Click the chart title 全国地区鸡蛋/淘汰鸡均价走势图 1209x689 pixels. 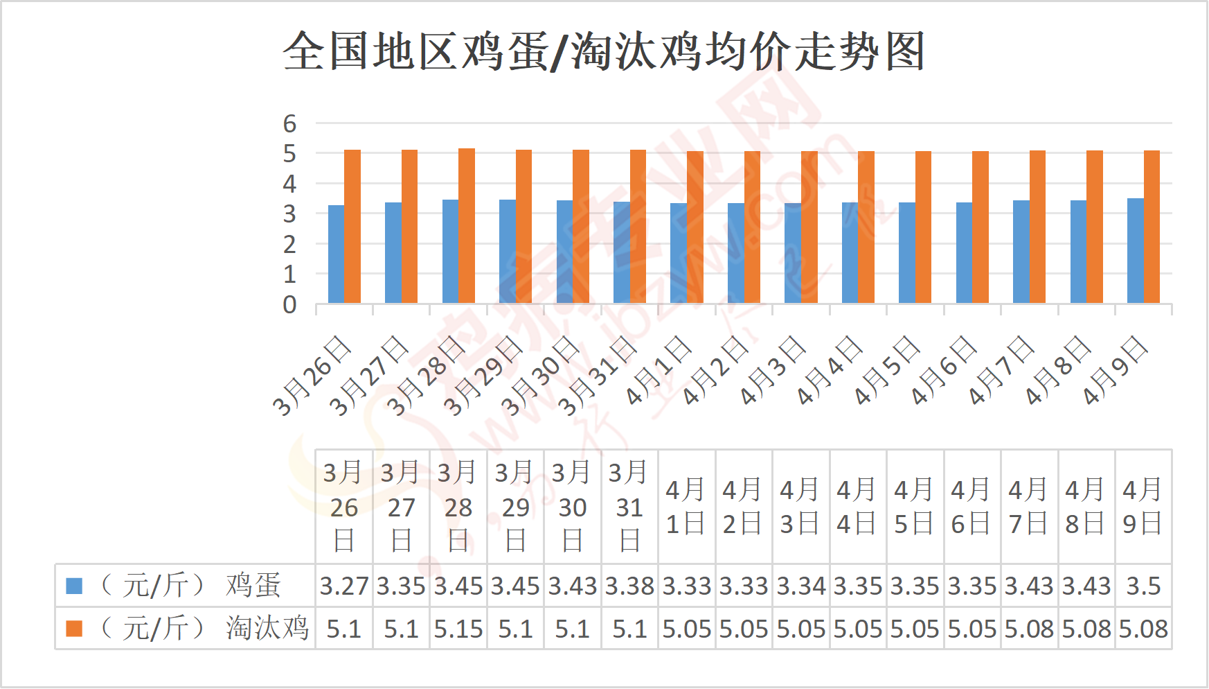pos(604,52)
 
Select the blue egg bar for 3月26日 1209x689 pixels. pos(336,254)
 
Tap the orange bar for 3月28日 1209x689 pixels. pos(467,226)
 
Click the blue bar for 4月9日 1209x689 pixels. pos(1135,251)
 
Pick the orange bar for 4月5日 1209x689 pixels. pos(924,227)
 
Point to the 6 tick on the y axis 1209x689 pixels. pos(289,124)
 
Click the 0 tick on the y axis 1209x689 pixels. pos(289,305)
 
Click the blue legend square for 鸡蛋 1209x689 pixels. pos(74,586)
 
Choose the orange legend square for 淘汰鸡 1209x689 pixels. pos(74,629)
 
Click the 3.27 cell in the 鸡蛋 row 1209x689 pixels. pos(344,586)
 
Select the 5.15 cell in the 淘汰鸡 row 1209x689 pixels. pos(458,629)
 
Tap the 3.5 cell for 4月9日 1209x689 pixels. pos(1143,586)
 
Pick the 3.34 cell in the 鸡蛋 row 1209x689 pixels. pos(801,586)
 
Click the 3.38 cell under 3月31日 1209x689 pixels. pos(629,586)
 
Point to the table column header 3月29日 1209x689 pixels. pos(515,507)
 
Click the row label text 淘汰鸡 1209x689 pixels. pos(267,629)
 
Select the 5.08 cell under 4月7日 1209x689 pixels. pos(1029,629)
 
